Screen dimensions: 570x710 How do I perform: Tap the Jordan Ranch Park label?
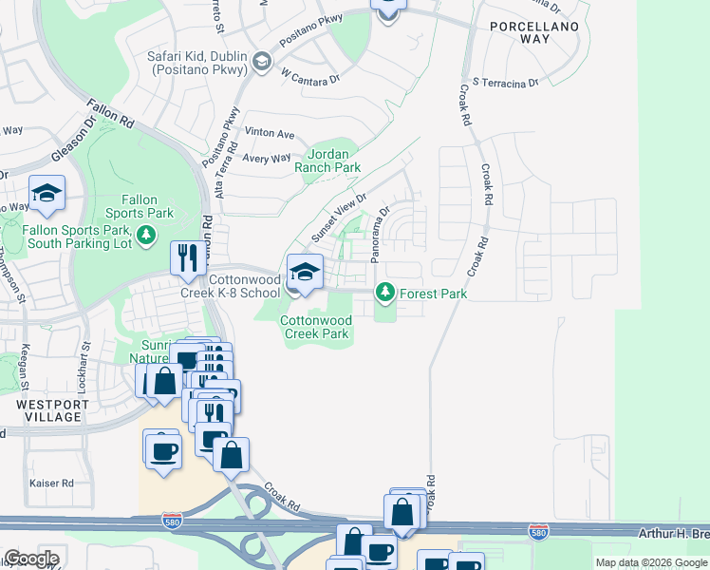click(333, 161)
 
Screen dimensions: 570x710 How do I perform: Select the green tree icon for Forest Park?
click(384, 294)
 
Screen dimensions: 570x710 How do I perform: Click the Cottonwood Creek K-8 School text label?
click(233, 286)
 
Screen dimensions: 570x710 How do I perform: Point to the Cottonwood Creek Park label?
click(316, 327)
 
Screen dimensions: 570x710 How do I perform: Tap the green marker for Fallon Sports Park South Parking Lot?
click(146, 235)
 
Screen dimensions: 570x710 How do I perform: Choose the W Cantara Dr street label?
click(309, 76)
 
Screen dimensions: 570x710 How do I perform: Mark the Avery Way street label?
click(267, 159)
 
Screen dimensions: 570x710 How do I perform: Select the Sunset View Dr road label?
click(339, 218)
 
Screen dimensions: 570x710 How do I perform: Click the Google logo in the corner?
click(31, 559)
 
